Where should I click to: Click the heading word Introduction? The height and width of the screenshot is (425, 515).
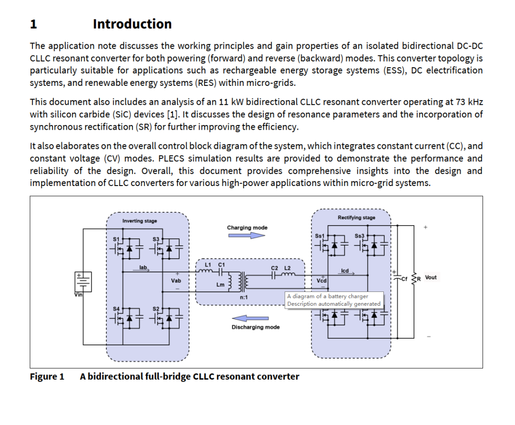click(132, 24)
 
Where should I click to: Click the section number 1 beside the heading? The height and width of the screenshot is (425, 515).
click(33, 24)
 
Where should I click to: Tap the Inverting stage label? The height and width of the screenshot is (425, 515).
click(139, 221)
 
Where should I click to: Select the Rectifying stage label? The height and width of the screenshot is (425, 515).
click(356, 218)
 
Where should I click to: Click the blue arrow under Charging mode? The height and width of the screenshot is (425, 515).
click(247, 236)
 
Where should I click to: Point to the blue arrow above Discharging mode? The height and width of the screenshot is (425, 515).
click(250, 318)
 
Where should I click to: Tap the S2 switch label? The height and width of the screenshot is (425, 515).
click(155, 309)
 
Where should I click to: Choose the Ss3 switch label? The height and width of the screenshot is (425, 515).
click(359, 236)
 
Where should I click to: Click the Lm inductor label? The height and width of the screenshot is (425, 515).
click(220, 285)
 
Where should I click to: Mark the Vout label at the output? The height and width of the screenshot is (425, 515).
click(431, 277)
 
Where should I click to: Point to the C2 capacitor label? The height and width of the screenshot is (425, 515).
click(274, 268)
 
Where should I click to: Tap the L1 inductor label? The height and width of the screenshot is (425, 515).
click(207, 264)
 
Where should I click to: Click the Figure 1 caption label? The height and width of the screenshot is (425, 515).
click(47, 376)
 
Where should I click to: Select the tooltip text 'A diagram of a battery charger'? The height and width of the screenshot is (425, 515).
click(327, 296)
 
